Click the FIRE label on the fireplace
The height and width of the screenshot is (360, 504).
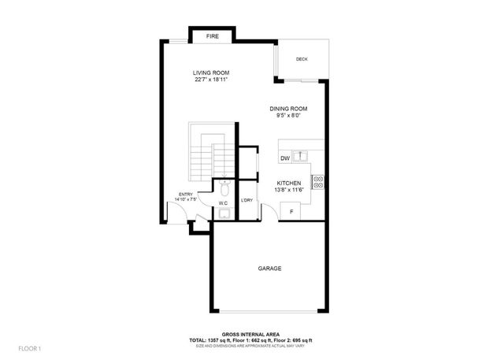[213, 36]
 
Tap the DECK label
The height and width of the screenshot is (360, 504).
[302, 60]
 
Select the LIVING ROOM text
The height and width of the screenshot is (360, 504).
[211, 73]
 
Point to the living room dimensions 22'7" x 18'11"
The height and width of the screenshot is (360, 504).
[211, 80]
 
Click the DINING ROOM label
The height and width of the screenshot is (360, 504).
[288, 109]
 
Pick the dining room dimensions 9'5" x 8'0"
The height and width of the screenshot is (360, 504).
[288, 116]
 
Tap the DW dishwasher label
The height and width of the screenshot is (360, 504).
[284, 158]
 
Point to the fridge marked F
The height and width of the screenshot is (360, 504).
[291, 212]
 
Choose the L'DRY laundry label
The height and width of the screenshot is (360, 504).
[246, 201]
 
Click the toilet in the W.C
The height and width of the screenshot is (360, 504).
[224, 188]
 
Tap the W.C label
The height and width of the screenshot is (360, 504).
[223, 203]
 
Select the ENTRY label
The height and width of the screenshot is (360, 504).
[186, 195]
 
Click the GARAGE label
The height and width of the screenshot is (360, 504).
[269, 268]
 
